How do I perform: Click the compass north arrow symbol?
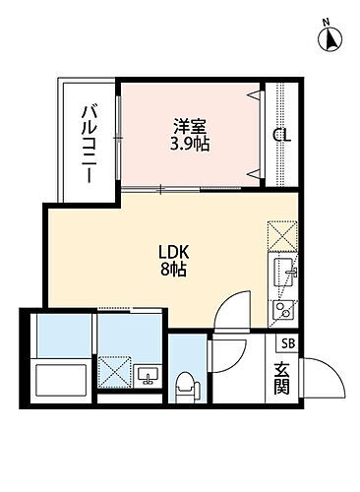[331, 39]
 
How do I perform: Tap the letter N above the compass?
[330, 21]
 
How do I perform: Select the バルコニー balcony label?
[88, 143]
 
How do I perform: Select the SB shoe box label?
[287, 343]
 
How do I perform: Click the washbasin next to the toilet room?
[149, 374]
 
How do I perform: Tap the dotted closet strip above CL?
[281, 103]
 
